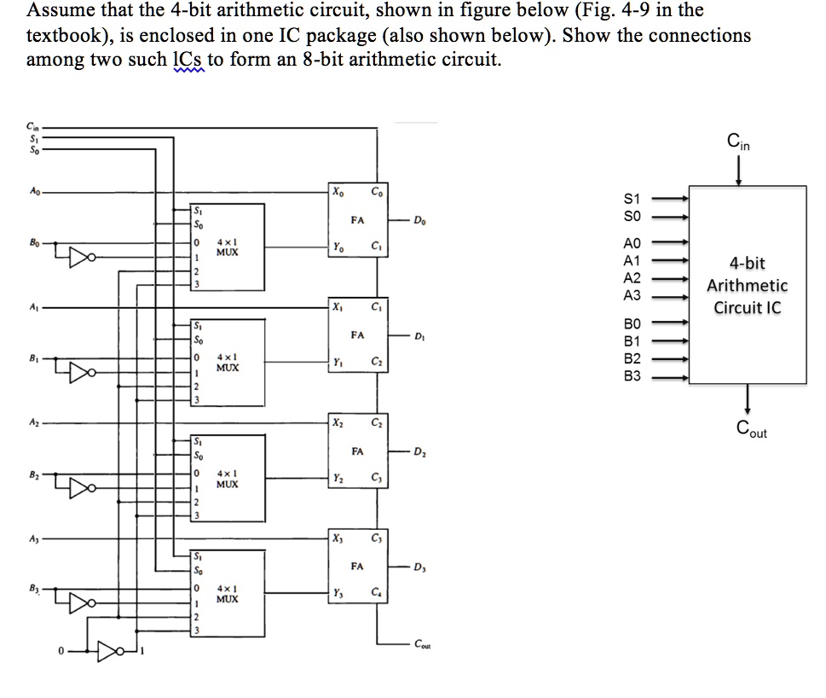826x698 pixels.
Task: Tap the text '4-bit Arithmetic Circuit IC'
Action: tap(747, 286)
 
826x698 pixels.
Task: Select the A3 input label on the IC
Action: tap(632, 295)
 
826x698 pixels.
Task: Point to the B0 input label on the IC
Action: tap(632, 324)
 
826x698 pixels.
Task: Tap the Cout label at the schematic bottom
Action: tap(421, 645)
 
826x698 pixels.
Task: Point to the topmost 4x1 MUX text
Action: tap(227, 247)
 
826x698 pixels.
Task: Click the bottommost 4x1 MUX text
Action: tap(227, 594)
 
